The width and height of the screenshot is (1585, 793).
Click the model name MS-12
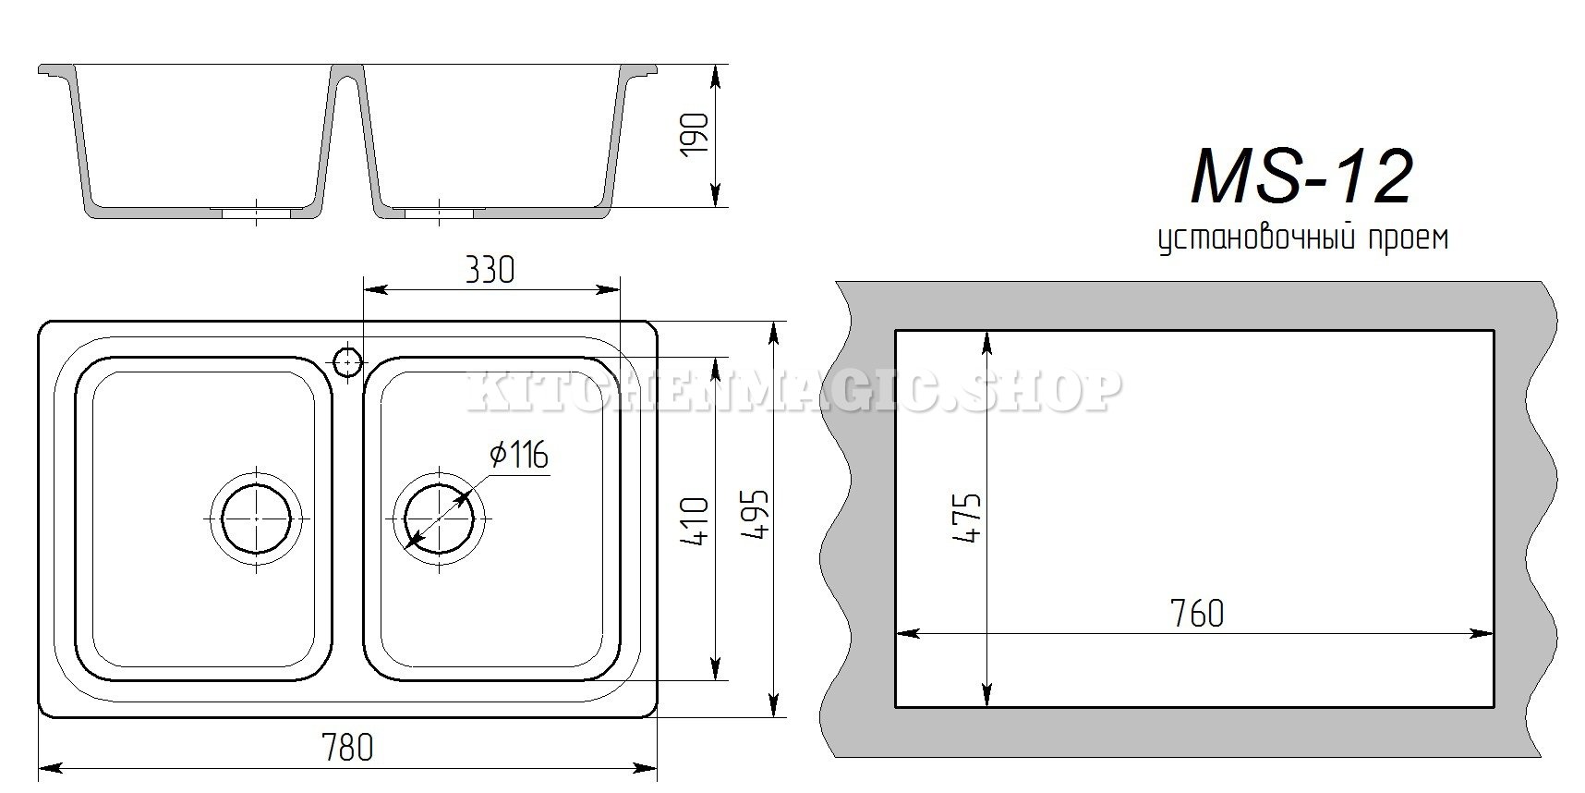pos(1301,177)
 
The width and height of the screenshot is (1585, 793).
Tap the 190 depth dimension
pos(696,134)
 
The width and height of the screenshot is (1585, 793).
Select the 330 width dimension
pos(489,270)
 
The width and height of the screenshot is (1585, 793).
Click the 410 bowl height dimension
pos(696,521)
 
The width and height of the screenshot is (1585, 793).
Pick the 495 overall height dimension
pos(755,514)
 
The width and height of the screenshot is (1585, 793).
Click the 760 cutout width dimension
pos(1196,613)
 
